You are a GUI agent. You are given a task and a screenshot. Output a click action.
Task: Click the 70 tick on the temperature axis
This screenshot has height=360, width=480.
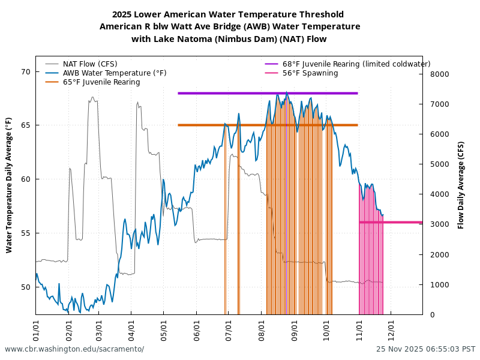[26, 72]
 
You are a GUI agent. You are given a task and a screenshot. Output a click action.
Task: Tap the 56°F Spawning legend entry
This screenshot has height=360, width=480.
[310, 73]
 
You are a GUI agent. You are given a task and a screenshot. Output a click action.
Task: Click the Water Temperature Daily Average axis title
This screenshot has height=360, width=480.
[9, 185]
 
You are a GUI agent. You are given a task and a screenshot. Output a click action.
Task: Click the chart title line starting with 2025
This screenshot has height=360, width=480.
[228, 14]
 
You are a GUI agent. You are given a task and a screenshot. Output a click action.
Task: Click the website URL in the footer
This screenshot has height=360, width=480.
[74, 349]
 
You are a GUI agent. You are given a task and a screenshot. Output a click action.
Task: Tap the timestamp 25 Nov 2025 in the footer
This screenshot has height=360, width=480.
[425, 349]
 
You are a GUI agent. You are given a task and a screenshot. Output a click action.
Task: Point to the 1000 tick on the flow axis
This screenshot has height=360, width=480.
[437, 284]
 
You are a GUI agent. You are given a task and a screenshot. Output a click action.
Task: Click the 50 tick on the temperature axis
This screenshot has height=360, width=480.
[26, 287]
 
